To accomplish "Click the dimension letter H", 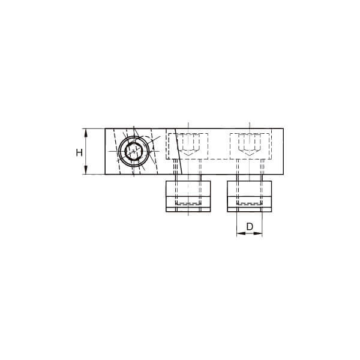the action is (x=79, y=152).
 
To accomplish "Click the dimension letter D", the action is (x=250, y=227).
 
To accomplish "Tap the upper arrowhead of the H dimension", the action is (x=86, y=133).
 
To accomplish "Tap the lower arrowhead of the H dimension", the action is (x=86, y=170).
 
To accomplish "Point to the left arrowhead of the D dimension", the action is (x=241, y=233).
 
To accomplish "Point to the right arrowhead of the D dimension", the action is (x=257, y=233).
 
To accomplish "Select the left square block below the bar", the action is (x=188, y=196).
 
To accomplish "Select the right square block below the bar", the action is (x=250, y=196).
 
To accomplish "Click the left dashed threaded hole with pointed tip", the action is (x=188, y=145).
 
